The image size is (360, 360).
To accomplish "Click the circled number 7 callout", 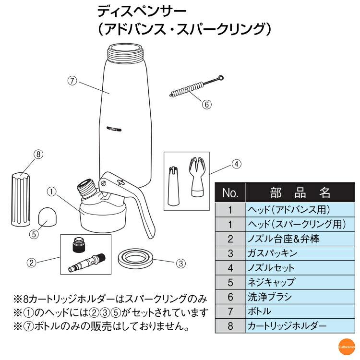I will (72, 81).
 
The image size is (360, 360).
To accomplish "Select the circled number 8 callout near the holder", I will (38, 154).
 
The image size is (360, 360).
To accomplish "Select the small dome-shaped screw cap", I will (47, 216).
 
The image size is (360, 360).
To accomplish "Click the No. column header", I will (230, 193).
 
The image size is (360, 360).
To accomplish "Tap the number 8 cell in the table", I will (230, 325).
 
